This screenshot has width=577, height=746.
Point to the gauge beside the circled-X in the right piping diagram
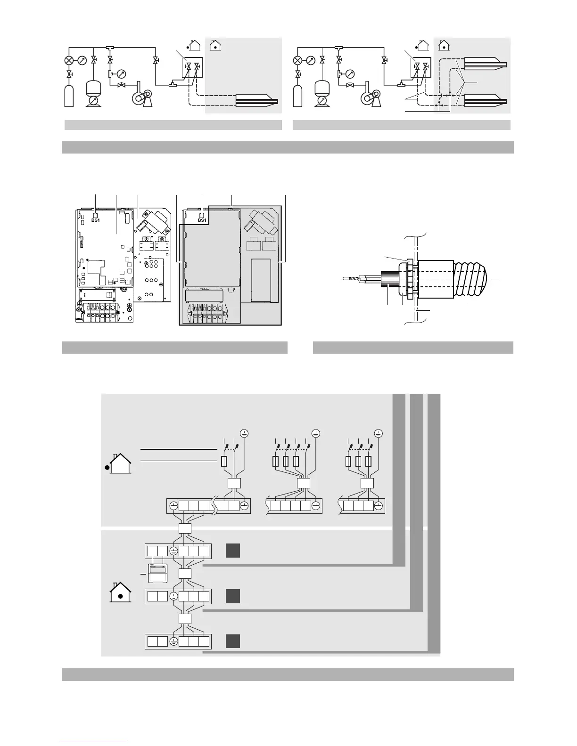[311, 61]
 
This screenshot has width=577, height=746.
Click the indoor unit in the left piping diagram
[255, 100]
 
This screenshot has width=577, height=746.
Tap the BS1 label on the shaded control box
[202, 220]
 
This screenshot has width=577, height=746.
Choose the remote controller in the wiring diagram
[157, 573]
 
